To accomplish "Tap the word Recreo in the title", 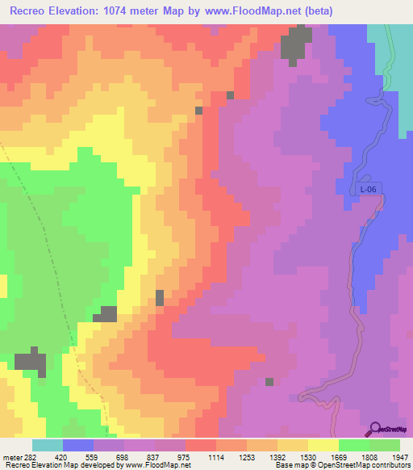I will pos(31,10).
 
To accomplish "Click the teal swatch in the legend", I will pos(47,445).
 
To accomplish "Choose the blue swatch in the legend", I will pos(78,445).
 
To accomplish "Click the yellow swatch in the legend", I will pos(323,445).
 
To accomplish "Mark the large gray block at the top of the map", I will pos(295,44).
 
